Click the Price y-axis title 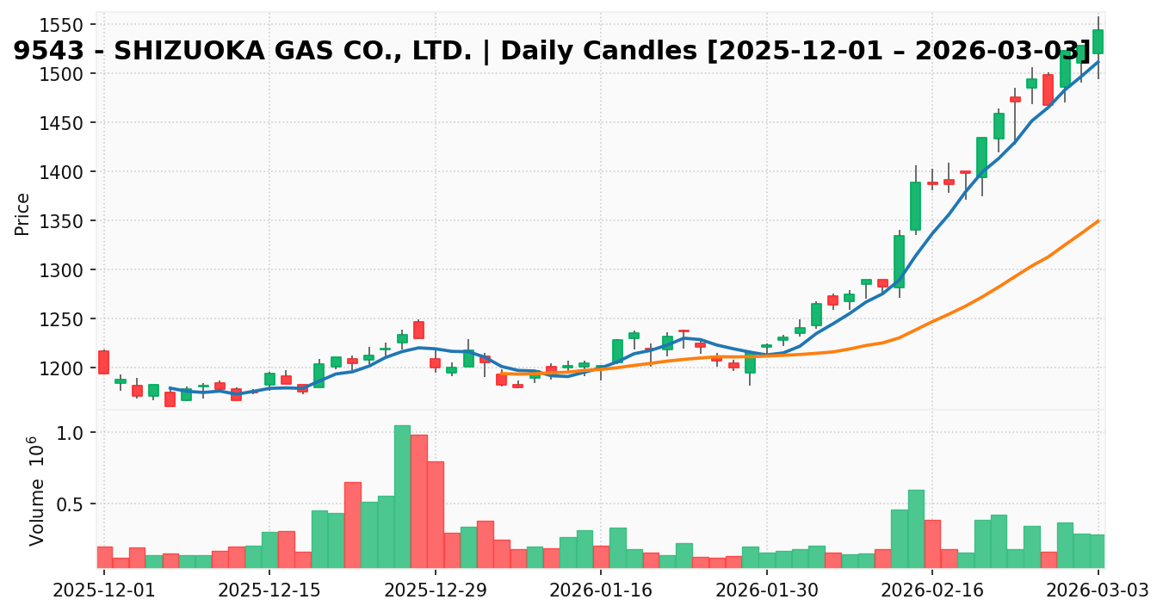[23, 213]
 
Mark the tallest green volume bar [402, 497]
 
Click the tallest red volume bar [418, 501]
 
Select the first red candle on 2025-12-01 [103, 362]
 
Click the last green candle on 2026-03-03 [1098, 41]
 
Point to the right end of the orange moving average [1098, 220]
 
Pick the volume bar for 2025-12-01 [104, 557]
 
